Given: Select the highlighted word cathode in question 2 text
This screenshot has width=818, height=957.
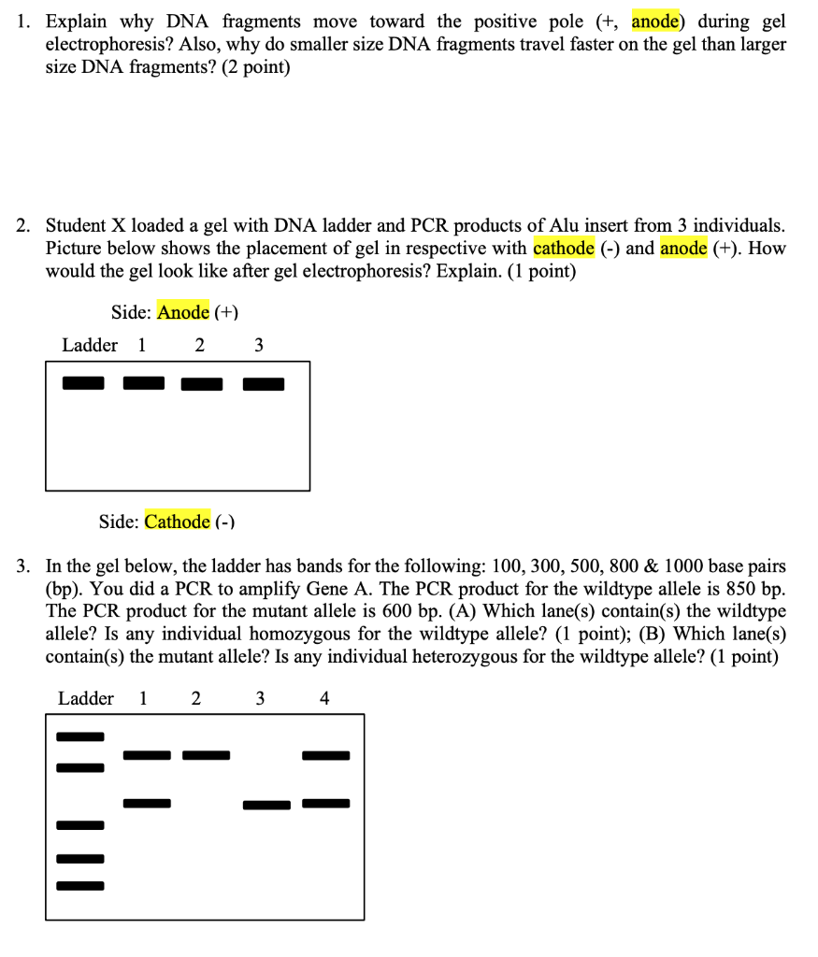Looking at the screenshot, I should coord(564,248).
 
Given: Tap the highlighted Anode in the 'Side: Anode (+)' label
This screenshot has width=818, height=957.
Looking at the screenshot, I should coord(183,312).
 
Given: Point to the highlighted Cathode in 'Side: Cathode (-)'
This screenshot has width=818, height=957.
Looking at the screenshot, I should coord(177,521).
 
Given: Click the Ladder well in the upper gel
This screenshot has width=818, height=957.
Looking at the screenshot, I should coord(83,383).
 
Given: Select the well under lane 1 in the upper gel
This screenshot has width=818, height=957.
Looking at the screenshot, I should coord(143,383).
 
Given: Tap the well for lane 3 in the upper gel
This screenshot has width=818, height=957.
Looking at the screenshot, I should coord(264,384).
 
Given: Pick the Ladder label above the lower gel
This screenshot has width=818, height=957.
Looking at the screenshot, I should coord(86,698).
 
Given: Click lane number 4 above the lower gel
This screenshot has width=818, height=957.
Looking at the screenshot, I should coord(324,698).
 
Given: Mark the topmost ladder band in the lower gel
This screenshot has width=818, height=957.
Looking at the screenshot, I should coord(80,736).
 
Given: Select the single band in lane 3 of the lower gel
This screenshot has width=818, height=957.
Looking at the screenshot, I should coord(266,805).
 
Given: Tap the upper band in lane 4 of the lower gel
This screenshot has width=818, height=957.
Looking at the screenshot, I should coord(325,755).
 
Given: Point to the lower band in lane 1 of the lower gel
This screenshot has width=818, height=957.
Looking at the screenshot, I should coord(147,803).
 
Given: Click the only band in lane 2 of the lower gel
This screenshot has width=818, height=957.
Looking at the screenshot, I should coord(206,755).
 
